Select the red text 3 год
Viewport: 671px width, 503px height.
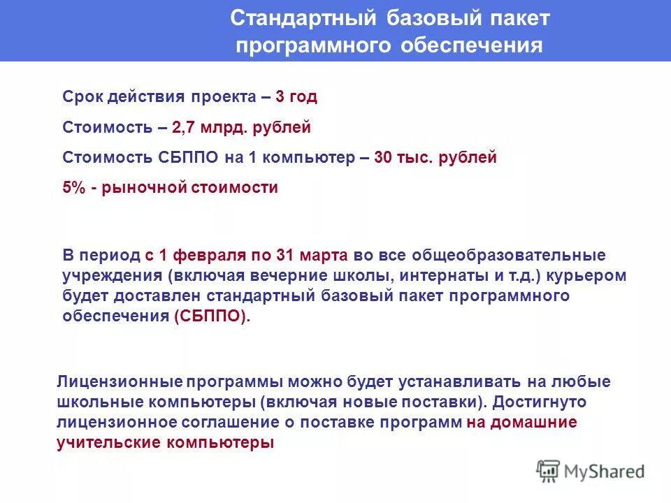pyautogui.click(x=296, y=97)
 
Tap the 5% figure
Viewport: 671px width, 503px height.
pyautogui.click(x=73, y=188)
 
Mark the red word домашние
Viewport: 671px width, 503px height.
pyautogui.click(x=533, y=423)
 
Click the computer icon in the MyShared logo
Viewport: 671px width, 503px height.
pyautogui.click(x=549, y=471)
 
